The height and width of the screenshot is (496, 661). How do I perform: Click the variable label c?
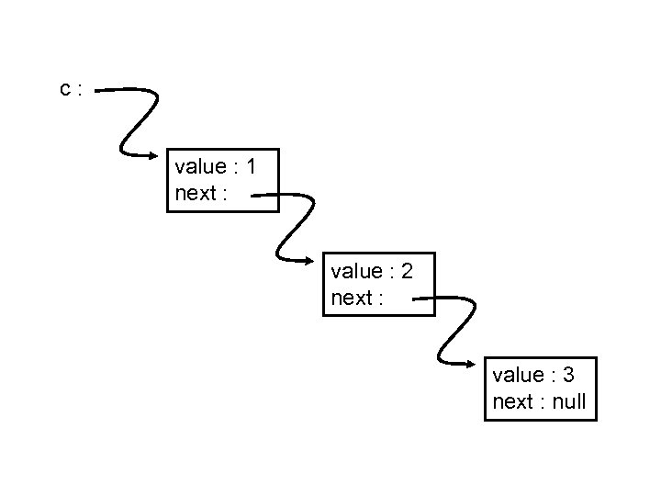[x=71, y=89]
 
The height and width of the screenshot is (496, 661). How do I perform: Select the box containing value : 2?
[x=378, y=285]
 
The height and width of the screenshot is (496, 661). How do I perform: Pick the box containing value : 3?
[x=541, y=389]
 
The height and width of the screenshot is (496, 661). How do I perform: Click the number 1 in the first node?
[x=251, y=166]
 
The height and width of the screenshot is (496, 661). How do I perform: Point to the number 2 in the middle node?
[x=407, y=271]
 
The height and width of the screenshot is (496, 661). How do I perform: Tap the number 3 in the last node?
[x=569, y=375]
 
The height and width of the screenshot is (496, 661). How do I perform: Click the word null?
[x=569, y=402]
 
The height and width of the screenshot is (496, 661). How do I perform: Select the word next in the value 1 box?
[x=194, y=195]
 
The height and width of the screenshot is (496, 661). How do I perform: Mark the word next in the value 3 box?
[x=512, y=402]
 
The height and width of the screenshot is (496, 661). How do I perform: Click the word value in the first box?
[x=199, y=166]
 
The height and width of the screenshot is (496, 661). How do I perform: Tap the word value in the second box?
[x=355, y=271]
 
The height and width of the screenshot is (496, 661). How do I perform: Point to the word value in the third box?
[x=518, y=375]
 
